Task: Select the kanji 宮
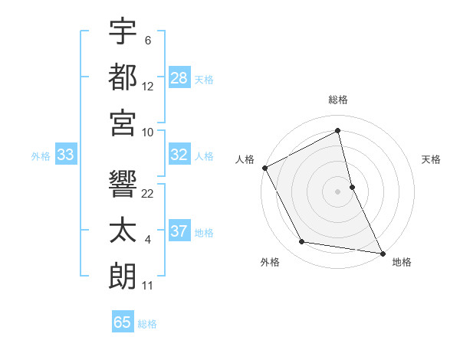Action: point(123,123)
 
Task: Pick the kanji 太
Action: point(123,231)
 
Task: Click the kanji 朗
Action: point(123,276)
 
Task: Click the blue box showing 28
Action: point(179,77)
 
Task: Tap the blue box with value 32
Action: point(179,155)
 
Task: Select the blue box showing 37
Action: point(179,231)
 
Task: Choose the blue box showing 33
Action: point(66,155)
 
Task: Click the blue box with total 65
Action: point(123,322)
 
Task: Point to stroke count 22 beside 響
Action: point(149,194)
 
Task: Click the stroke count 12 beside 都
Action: point(149,87)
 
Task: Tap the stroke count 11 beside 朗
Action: point(149,286)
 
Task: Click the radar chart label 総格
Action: point(338,100)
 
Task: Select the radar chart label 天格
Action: point(432,159)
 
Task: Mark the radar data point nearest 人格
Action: point(264,168)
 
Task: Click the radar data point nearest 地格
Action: point(382,252)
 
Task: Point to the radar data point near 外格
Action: point(302,243)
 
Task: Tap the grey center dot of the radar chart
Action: point(338,191)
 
